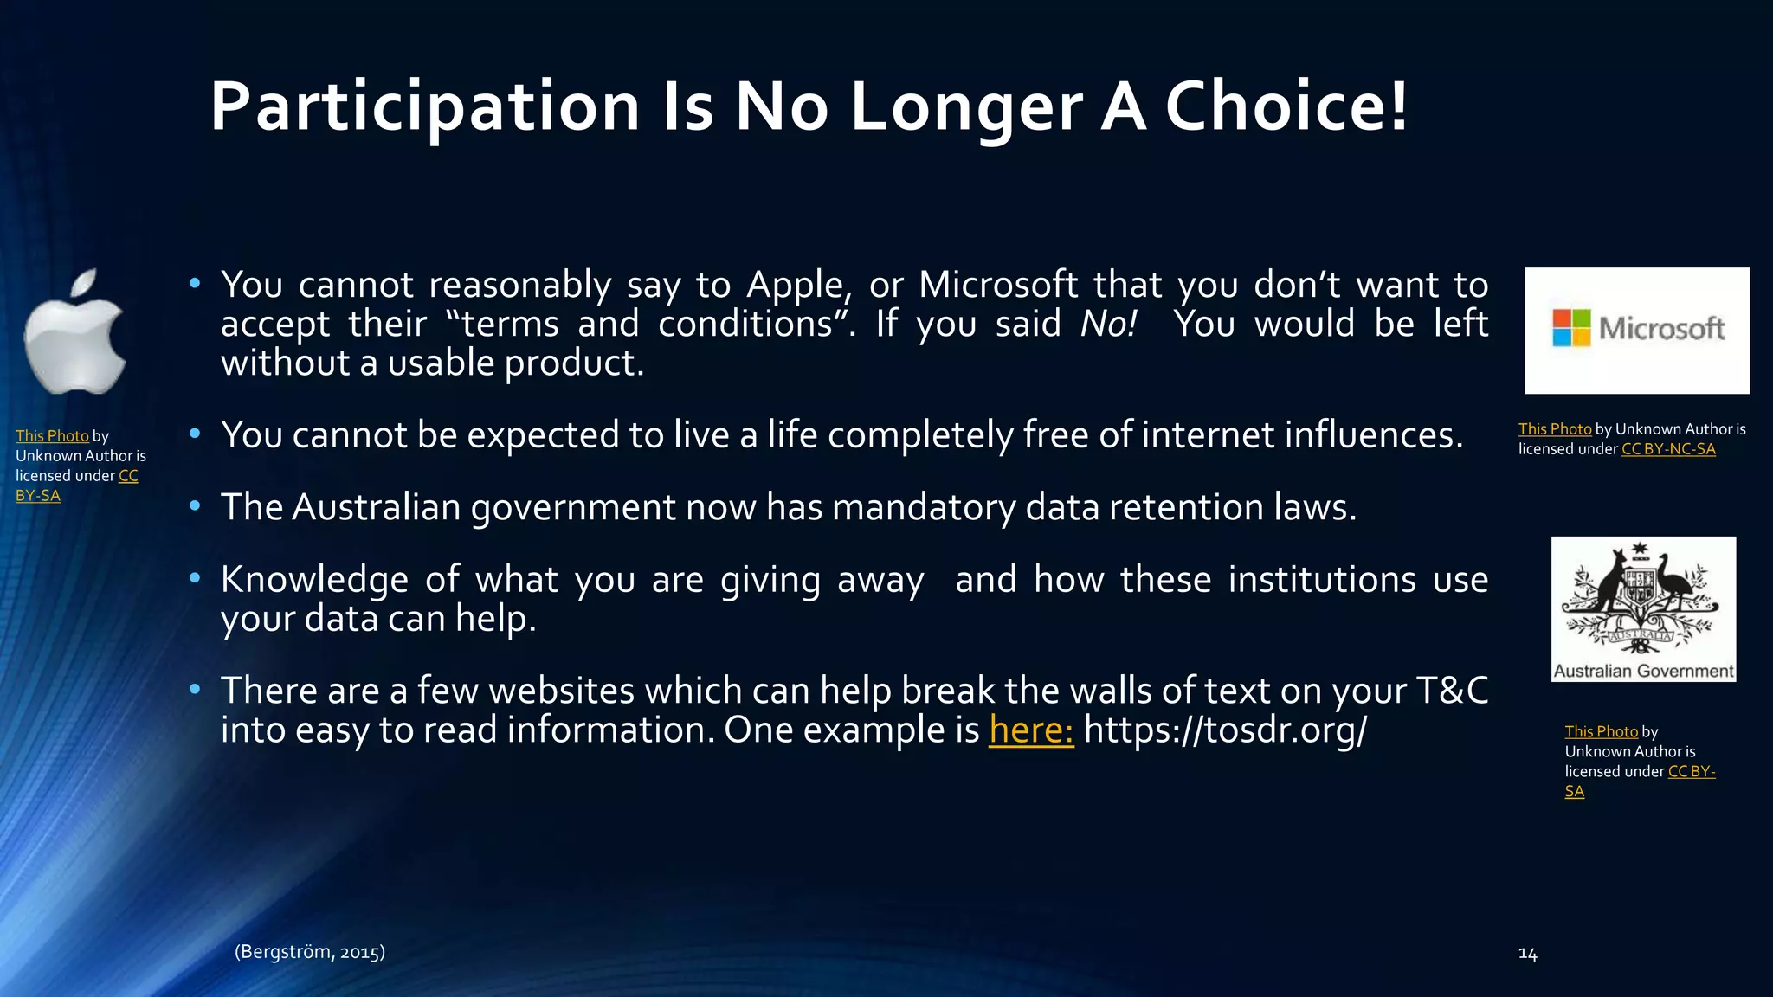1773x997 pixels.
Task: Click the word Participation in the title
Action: (x=424, y=107)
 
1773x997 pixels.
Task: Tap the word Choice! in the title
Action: (x=1286, y=107)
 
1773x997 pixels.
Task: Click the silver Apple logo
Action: (x=76, y=332)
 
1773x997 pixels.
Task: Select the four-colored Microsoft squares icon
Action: (x=1571, y=329)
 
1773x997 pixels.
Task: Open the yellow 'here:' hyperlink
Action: (x=1031, y=730)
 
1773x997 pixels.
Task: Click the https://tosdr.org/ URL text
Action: (x=1225, y=730)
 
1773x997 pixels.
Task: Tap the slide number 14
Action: (x=1528, y=954)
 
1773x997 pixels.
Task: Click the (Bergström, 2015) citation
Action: (x=310, y=952)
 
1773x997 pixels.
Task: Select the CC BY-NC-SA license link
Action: (x=1668, y=449)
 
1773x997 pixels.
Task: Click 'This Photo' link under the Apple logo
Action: (x=52, y=436)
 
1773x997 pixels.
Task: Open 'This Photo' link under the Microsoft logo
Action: (x=1555, y=429)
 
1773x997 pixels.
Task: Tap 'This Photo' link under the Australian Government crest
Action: (x=1601, y=732)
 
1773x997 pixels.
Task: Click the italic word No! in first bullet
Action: (x=1108, y=325)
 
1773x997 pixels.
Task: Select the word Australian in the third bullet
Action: (x=376, y=507)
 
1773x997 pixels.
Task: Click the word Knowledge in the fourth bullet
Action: (x=314, y=580)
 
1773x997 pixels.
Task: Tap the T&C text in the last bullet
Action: (x=1452, y=691)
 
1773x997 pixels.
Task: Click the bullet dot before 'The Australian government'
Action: (x=195, y=505)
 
